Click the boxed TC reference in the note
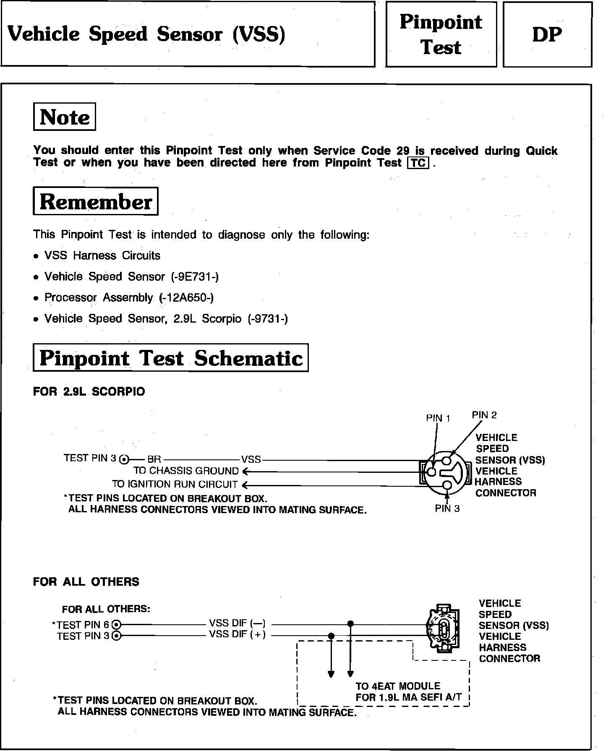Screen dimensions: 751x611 tap(418, 163)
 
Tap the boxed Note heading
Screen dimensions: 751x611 tap(65, 117)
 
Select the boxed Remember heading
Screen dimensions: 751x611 tap(96, 202)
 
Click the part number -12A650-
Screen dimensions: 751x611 tap(187, 298)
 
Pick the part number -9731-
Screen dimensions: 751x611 tap(268, 319)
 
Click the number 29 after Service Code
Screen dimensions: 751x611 tap(403, 151)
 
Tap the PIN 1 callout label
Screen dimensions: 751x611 tap(438, 418)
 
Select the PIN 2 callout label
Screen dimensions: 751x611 tap(484, 415)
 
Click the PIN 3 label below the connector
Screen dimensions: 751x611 tap(447, 508)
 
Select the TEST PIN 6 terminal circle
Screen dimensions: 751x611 tap(117, 625)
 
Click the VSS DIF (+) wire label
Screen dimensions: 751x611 tap(238, 634)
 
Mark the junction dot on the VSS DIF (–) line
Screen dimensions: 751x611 tap(350, 623)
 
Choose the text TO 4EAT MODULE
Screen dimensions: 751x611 tap(398, 686)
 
